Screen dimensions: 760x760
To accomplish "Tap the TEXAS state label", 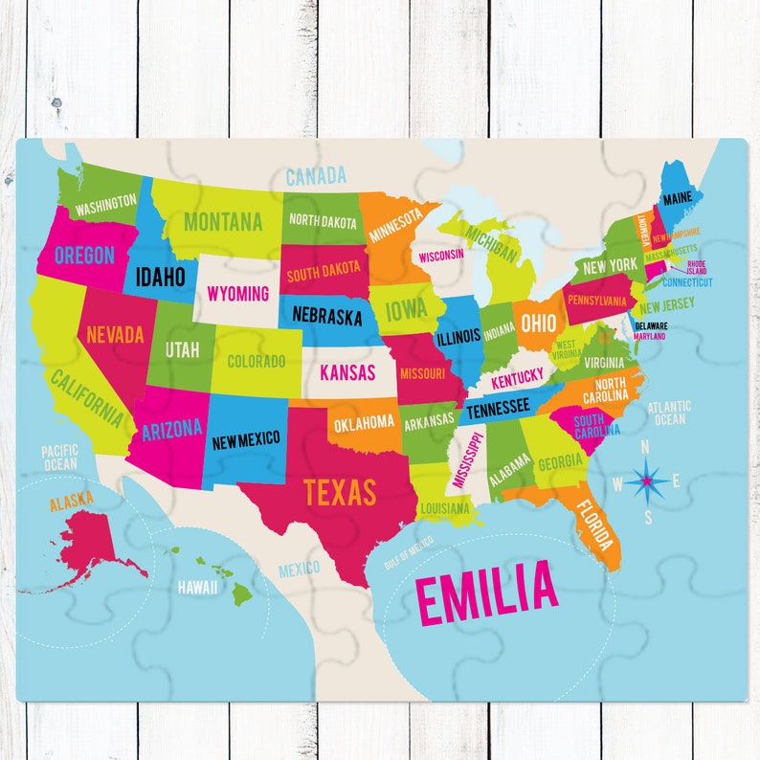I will [340, 492].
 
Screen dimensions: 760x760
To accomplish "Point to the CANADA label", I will [315, 176].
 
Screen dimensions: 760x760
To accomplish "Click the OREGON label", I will [84, 256].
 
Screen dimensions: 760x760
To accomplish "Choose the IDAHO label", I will [160, 278].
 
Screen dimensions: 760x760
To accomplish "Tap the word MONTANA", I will [223, 222].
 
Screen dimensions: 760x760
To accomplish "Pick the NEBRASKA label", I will [326, 316].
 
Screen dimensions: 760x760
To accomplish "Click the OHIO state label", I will [539, 321].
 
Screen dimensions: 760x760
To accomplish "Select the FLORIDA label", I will [594, 523].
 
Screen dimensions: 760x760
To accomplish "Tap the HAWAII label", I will [196, 587].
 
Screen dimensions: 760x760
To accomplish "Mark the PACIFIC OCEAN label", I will [59, 458].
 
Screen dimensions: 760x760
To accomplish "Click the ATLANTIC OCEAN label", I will [668, 413].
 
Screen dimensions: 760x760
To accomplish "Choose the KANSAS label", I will [346, 372].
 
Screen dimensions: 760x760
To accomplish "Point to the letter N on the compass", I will [644, 446].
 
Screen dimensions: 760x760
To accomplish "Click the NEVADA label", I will [115, 335].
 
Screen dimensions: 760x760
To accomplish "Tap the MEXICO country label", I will [299, 570].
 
